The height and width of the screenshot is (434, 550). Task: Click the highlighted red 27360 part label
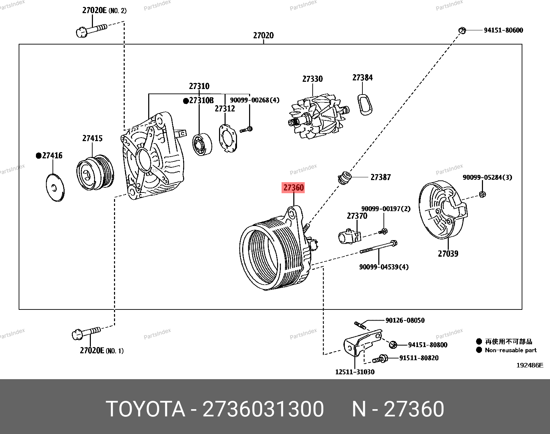[294, 188]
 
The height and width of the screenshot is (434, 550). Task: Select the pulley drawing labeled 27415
[94, 172]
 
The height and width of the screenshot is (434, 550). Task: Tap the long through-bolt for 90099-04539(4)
[378, 247]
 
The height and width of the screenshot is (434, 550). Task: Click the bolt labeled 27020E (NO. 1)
[86, 333]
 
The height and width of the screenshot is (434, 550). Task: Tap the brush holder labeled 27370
[349, 237]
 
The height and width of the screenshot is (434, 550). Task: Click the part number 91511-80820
[419, 358]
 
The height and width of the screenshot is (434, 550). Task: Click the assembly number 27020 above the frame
[263, 35]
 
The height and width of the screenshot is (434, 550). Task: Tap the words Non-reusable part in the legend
[511, 350]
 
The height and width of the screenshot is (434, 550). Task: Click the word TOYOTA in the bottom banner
[145, 409]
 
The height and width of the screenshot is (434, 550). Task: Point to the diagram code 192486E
[530, 365]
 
